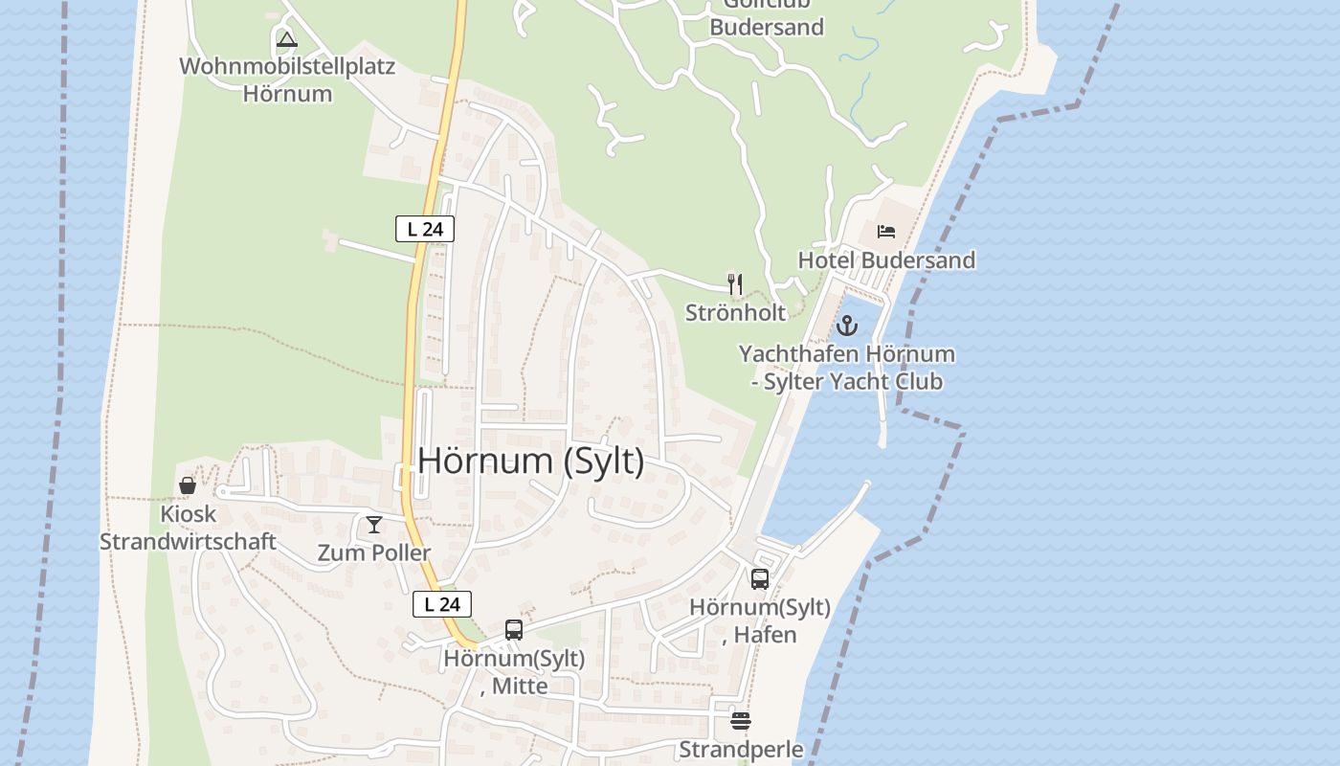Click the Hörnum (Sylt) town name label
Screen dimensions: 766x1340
pos(531,461)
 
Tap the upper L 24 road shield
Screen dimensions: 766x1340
pos(424,229)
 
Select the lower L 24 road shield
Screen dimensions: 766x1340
pos(441,604)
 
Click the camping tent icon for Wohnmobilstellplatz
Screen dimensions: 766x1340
pos(286,40)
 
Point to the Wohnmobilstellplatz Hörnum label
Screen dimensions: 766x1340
pos(287,80)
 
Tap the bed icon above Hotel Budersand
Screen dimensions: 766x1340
pos(886,232)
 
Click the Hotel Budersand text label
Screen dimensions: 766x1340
pos(886,260)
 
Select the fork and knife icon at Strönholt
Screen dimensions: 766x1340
pos(735,283)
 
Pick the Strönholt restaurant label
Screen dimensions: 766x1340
pos(735,313)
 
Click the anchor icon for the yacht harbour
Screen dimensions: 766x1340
pos(847,326)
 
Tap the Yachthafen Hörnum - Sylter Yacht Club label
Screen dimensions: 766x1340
pos(847,368)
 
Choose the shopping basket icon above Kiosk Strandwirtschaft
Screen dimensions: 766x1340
pos(188,486)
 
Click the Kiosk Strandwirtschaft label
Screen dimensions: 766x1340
pos(189,528)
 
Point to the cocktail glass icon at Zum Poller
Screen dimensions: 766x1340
pos(374,525)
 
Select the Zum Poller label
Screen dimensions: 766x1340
pos(374,553)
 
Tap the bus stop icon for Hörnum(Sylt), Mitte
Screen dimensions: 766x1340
pos(514,629)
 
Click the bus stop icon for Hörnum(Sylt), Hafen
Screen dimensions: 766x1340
pos(760,578)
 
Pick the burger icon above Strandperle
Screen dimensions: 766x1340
pos(741,720)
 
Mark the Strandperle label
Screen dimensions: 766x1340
pos(741,749)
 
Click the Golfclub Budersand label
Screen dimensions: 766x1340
pos(766,19)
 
